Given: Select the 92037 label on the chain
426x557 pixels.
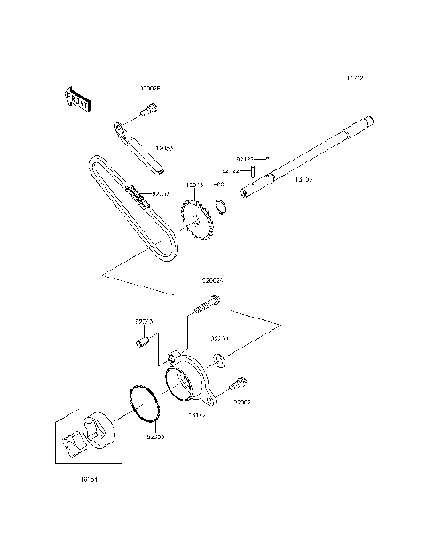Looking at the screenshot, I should [x=160, y=192].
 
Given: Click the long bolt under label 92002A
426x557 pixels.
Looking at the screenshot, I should [x=203, y=306].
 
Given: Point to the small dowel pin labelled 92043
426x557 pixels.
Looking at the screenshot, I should [x=143, y=340].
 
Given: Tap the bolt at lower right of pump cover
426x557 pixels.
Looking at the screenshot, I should [x=237, y=384].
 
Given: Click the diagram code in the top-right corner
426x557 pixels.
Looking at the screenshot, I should [x=355, y=79].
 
